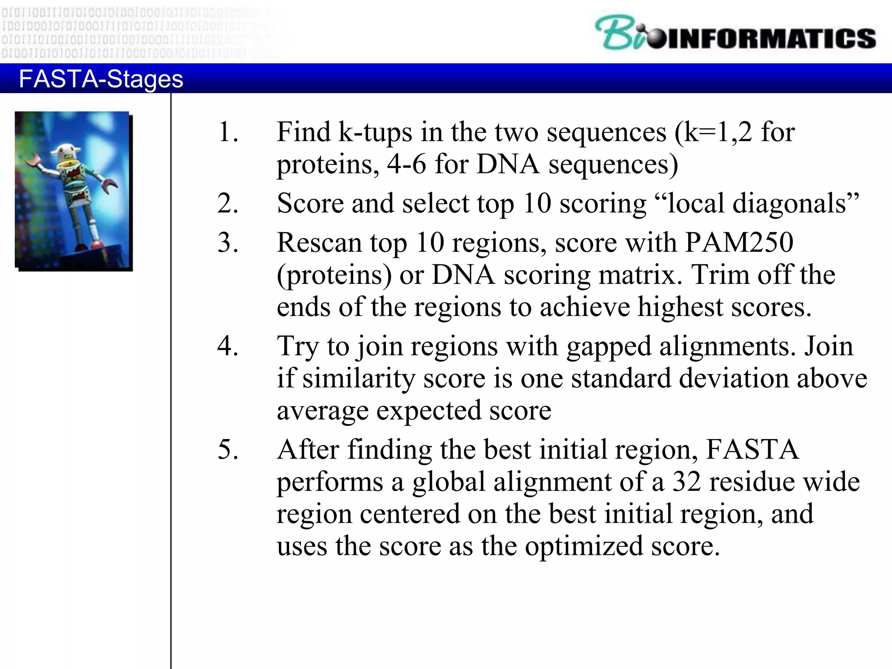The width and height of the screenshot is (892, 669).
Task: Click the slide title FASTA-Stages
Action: pyautogui.click(x=101, y=79)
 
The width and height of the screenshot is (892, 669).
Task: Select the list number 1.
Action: pyautogui.click(x=227, y=132)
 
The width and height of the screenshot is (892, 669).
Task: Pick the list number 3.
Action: pyautogui.click(x=227, y=242)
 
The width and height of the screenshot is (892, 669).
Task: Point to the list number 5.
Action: pyautogui.click(x=227, y=449)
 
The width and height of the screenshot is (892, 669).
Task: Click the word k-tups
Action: pyautogui.click(x=375, y=132)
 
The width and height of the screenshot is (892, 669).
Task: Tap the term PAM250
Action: pyautogui.click(x=739, y=242)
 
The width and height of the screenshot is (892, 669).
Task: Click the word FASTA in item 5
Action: pyautogui.click(x=752, y=449)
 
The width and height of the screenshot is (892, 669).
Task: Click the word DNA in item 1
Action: pyautogui.click(x=508, y=165)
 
